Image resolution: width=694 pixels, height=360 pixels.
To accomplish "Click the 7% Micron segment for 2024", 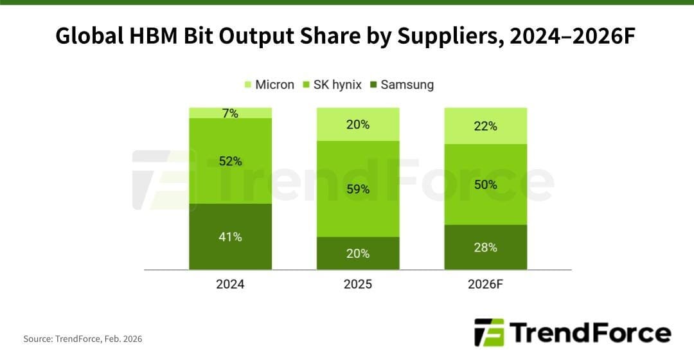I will coord(230,113).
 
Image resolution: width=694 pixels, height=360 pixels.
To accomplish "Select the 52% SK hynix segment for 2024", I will coord(230,161).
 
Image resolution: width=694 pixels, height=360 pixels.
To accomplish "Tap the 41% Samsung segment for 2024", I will coord(230,237).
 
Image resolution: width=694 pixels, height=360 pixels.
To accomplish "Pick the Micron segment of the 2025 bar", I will coord(358,124).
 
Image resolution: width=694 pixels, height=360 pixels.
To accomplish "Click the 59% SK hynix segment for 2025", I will coord(358,189).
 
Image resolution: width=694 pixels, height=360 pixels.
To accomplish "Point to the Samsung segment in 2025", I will coord(358,253).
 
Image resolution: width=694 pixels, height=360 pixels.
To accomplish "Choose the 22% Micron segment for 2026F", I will coord(486,126).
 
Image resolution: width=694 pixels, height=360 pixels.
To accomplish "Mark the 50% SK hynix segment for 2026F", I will coord(486,184).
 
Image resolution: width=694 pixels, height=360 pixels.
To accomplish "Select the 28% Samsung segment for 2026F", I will coord(486,247).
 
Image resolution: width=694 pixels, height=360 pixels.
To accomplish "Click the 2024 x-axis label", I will coord(230,283).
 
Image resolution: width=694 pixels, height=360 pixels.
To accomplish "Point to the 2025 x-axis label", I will coord(358,283).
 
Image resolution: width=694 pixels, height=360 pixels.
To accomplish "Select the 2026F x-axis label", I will coord(486,283).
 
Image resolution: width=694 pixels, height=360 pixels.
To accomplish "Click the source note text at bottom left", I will coord(83,338).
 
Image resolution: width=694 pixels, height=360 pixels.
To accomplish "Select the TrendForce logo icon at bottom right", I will coord(488,333).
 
